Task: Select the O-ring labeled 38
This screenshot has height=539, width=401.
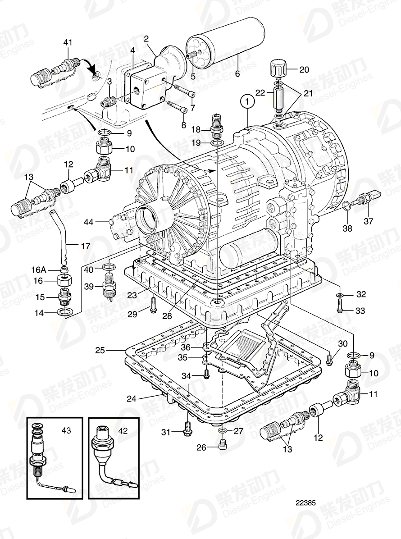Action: click(345, 206)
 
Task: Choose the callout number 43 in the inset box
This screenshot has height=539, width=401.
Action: click(67, 431)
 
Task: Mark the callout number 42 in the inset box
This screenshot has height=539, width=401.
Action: click(123, 430)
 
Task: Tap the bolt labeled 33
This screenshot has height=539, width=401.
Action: click(339, 307)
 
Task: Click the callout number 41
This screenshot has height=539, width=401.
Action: click(68, 42)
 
